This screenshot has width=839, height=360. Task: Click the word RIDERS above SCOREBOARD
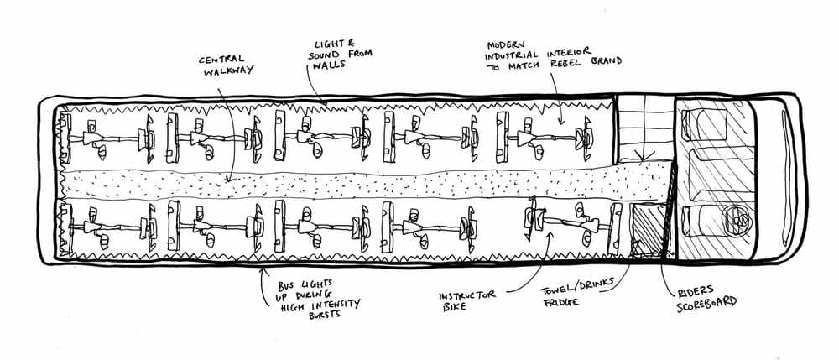coord(693,293)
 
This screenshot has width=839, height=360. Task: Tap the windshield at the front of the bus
coord(789,177)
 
